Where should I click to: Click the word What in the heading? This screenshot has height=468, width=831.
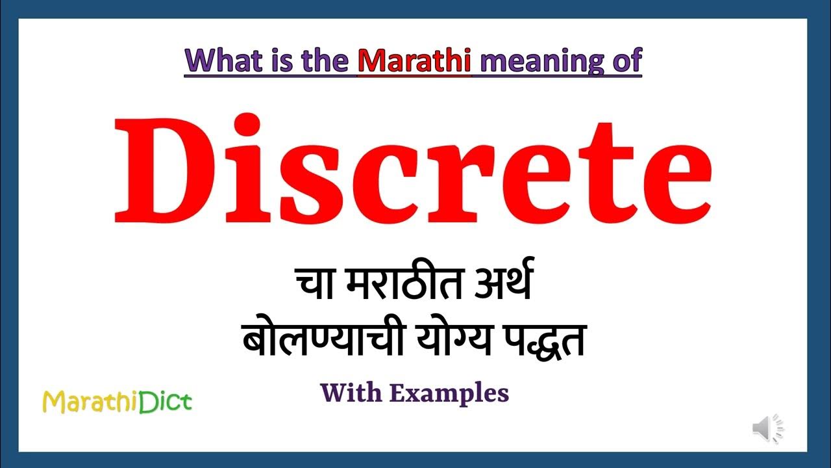(x=221, y=60)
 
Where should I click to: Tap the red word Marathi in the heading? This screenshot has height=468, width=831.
(x=414, y=60)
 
